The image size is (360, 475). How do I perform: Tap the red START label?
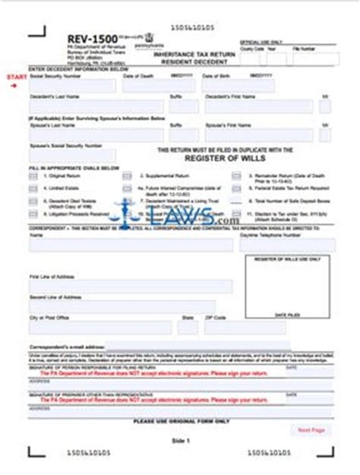pyautogui.click(x=15, y=78)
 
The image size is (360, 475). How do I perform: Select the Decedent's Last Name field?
pyautogui.click(x=95, y=107)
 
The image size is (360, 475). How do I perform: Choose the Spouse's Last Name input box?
pyautogui.click(x=95, y=131)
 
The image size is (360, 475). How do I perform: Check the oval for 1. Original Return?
pyautogui.click(x=33, y=175)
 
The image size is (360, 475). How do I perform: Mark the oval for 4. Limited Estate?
pyautogui.click(x=33, y=185)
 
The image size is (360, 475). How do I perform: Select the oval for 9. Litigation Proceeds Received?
pyautogui.click(x=33, y=215)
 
